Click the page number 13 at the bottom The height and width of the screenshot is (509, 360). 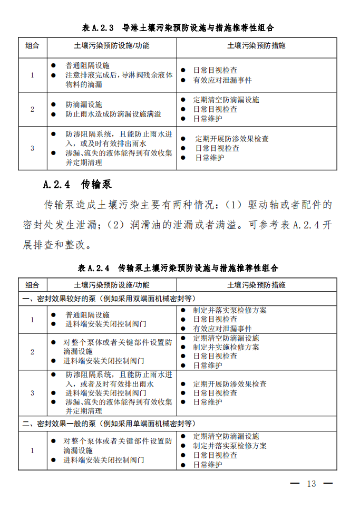(311, 484)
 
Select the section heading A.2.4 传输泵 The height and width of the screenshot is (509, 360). (77, 185)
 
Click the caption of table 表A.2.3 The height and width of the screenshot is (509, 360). (178, 27)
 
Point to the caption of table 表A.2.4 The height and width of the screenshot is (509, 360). (178, 268)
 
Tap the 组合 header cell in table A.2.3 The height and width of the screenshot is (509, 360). (32, 46)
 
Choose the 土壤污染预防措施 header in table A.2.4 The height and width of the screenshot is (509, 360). (256, 285)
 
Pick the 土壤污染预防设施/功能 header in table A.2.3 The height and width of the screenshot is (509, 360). (112, 46)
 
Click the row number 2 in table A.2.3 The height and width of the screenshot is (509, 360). (32, 109)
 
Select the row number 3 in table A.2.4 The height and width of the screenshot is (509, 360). (32, 393)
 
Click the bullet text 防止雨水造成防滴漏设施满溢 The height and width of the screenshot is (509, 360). (113, 114)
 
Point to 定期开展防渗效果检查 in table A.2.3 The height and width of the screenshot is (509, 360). (232, 139)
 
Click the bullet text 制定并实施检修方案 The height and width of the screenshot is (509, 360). (226, 347)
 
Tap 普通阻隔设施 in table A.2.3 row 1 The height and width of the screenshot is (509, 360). (87, 65)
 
